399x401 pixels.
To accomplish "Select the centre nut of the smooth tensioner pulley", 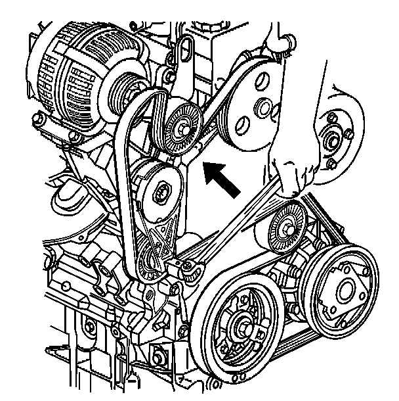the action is click(x=162, y=192).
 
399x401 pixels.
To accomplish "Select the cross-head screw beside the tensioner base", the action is click(x=188, y=265).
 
